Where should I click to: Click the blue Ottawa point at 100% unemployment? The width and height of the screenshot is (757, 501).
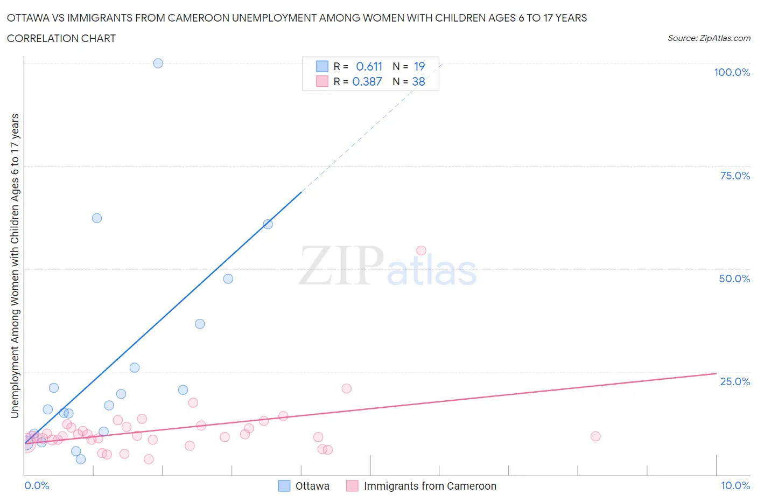point(158,63)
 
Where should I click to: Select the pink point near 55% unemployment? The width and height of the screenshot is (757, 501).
point(421,250)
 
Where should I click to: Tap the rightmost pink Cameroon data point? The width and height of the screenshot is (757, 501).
point(595,436)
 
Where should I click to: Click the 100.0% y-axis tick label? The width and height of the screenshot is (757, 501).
point(732,72)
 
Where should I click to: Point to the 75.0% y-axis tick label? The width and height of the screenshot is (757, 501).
point(735,176)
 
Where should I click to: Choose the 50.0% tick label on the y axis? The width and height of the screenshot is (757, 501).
point(734,279)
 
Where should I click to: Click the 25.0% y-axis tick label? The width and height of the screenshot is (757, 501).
point(735,381)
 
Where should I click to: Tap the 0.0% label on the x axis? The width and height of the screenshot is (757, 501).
point(37,485)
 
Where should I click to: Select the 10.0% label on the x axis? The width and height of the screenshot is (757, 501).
point(735,485)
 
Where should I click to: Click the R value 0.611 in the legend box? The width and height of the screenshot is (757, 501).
point(369,66)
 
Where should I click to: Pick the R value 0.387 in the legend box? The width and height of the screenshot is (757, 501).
point(367,81)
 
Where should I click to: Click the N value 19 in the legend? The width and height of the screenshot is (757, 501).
point(419,66)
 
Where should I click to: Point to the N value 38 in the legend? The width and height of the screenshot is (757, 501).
point(418,81)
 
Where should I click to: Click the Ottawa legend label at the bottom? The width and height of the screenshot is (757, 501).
point(312,486)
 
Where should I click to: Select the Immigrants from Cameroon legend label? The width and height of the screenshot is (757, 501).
point(430,486)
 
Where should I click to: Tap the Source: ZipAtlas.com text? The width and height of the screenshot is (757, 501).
point(709,38)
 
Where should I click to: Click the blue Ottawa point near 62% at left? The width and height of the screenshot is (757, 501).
point(97,218)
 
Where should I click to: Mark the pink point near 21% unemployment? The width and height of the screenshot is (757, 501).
point(346,388)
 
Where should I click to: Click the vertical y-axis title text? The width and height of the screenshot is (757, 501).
point(15,266)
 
